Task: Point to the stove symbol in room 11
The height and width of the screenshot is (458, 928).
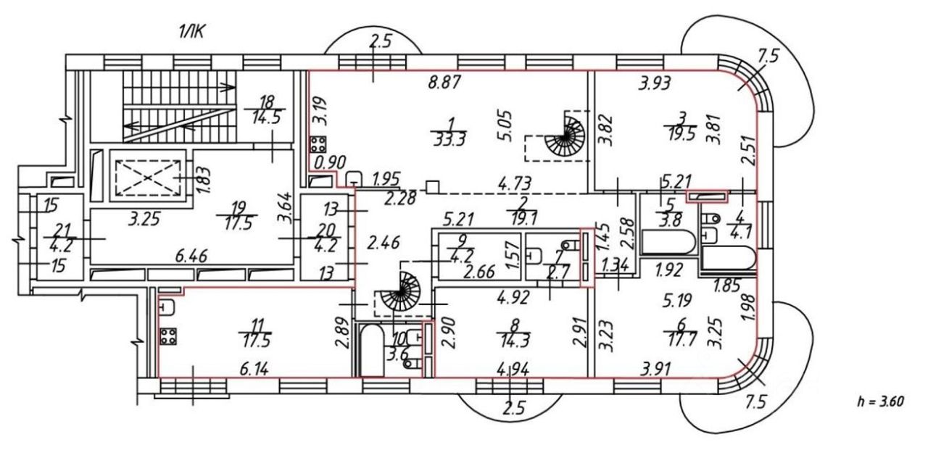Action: point(169,337)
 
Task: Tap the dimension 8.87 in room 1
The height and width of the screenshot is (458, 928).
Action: point(444,83)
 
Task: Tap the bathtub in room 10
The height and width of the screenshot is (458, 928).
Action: point(371,350)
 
